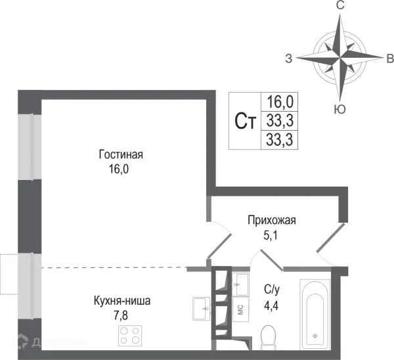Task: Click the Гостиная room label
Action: [x=121, y=155]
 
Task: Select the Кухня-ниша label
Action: [x=122, y=302]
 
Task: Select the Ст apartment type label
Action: [x=244, y=121]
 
